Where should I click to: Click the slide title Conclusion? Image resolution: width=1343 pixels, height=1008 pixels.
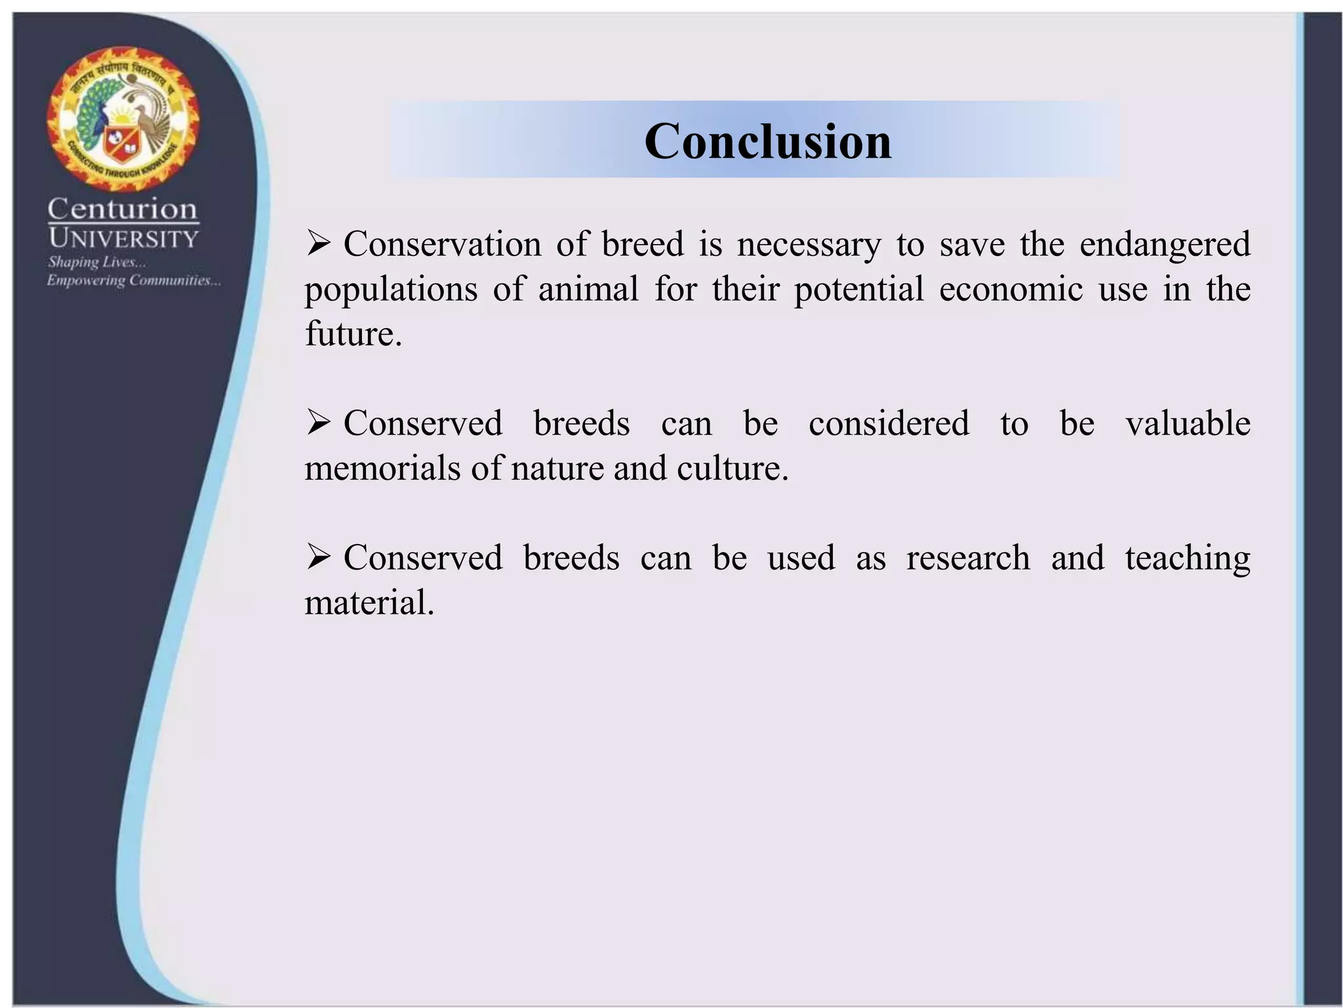[767, 141]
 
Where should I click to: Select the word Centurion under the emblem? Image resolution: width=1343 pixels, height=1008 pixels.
[123, 209]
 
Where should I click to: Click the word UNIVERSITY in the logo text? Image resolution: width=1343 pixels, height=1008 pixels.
[123, 238]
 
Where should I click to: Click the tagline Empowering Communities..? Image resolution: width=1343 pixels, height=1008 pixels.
[133, 281]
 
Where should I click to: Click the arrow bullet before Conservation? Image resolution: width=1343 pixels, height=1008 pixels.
[319, 245]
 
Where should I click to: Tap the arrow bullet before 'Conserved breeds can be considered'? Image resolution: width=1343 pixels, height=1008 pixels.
[319, 423]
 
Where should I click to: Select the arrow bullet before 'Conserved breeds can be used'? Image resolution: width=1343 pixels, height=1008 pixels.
[319, 558]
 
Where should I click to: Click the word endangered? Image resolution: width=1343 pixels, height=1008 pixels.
[1165, 245]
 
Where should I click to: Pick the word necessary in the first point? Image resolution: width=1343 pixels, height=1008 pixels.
[809, 245]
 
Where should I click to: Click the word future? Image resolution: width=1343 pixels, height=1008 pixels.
[353, 334]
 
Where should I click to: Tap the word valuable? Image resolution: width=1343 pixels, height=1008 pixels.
[1188, 423]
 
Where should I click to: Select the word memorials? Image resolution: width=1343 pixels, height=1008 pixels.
[382, 469]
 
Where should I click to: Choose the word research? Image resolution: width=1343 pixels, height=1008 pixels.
[968, 558]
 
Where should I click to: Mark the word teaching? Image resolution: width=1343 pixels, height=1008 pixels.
[1188, 558]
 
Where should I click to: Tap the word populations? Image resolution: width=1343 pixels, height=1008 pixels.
[391, 289]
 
